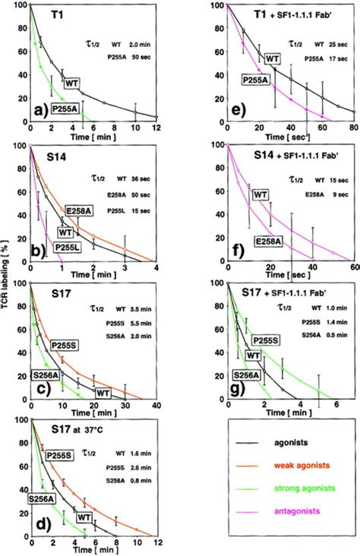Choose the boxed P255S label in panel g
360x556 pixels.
pos(266,340)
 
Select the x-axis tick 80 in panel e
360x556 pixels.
pos(353,127)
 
